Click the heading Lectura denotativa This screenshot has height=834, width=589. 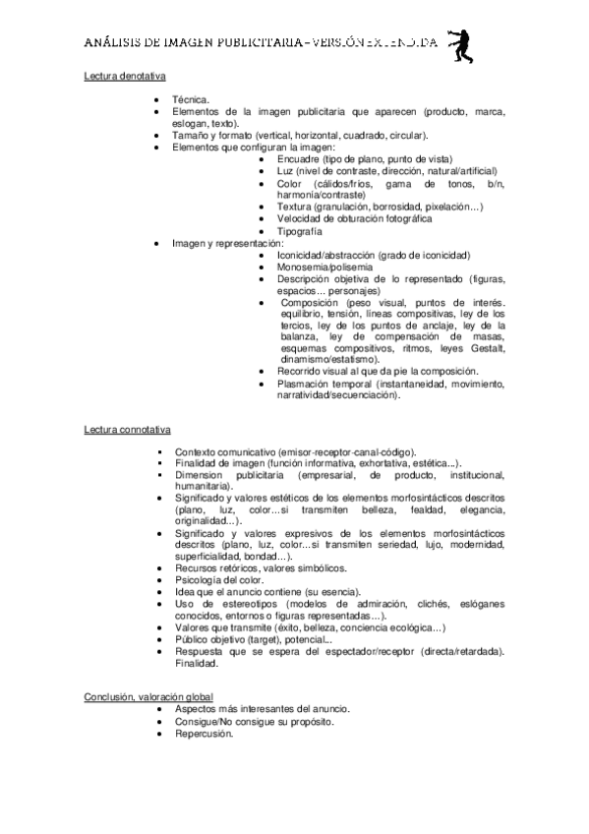[124, 75]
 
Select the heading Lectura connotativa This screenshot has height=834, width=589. [128, 429]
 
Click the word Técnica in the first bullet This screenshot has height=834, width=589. [190, 100]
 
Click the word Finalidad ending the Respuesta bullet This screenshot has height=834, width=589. [196, 663]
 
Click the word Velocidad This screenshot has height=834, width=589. [299, 218]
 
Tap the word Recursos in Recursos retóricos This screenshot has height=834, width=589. [195, 568]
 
